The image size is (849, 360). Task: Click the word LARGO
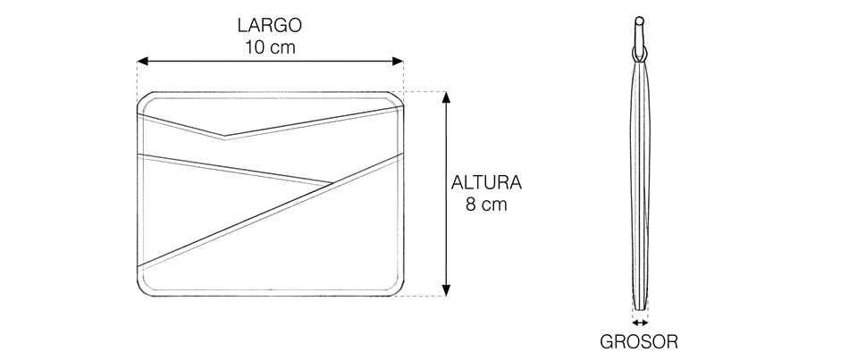pos(269,25)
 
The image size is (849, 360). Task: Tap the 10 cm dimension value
pos(270,47)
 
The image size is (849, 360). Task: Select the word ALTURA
pos(486,183)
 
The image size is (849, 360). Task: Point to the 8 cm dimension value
pos(486,205)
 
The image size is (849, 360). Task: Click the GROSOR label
pos(639,341)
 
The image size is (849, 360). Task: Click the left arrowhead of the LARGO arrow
pos(142,61)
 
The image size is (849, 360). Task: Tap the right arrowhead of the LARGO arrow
pos(398,61)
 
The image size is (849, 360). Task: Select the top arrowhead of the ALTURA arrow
pos(446,97)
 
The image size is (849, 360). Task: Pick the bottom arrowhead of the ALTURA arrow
pos(446,290)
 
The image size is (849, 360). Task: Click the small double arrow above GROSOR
pos(640,322)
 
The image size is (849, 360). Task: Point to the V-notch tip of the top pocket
pos(224,136)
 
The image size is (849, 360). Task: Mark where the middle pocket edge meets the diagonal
pos(332,182)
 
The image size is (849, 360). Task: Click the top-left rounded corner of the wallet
pos(144,98)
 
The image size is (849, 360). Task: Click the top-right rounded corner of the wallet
pos(397,98)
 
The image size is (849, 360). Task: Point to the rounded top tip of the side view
pos(640,20)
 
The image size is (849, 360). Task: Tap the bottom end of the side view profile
pos(640,309)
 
